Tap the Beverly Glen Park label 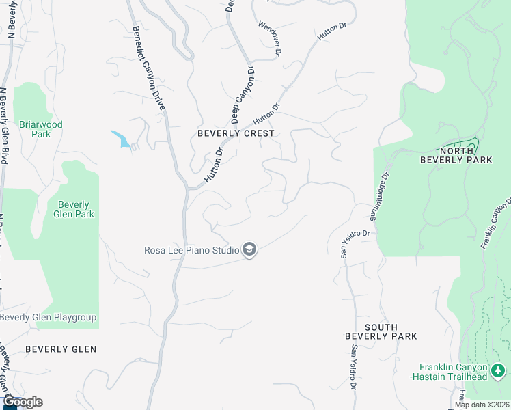pos(75,209)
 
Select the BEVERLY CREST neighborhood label pos(236,133)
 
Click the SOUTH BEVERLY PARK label pos(381,331)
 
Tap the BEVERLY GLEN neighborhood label pos(61,349)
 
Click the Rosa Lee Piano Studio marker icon pos(249,250)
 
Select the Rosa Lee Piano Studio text pos(191,250)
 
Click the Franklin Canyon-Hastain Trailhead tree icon pos(499,371)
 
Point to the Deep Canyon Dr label pos(242,95)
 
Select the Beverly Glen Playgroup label pos(48,318)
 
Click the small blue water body pos(120,138)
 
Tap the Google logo pos(23,402)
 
